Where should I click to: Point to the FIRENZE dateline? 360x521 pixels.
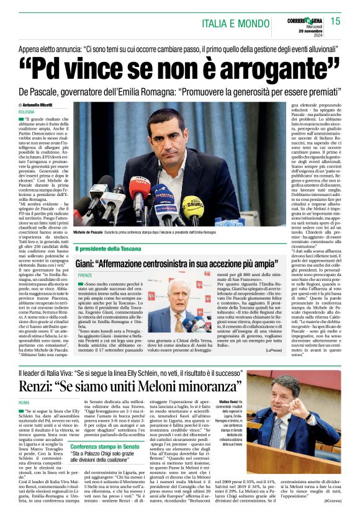[x=84, y=274]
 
